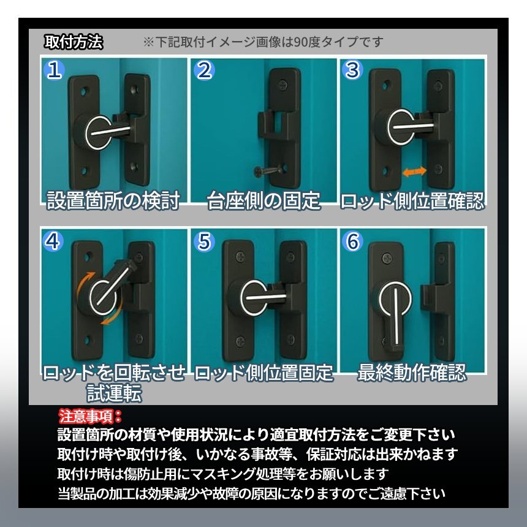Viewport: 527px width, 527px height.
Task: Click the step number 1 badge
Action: [55, 70]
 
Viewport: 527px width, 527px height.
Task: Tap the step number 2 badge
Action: [204, 70]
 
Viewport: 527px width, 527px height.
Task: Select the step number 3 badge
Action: [352, 70]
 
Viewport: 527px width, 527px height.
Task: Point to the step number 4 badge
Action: [55, 241]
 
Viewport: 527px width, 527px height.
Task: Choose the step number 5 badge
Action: [204, 241]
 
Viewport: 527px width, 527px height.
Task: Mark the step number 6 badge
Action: [352, 241]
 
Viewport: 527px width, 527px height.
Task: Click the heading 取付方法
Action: [74, 42]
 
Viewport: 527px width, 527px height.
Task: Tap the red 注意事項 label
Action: [90, 417]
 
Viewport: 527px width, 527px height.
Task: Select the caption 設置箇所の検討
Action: [113, 200]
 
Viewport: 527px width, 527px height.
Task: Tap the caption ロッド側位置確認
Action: [412, 200]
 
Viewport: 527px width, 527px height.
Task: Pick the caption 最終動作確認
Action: [412, 373]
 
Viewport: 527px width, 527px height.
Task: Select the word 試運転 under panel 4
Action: [113, 393]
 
